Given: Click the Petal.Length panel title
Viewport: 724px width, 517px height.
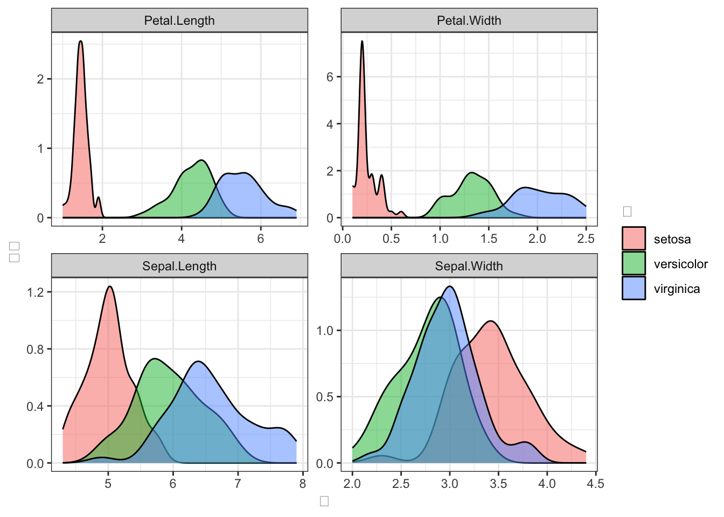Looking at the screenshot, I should click(x=179, y=20).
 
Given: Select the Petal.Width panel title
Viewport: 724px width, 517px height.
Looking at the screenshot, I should click(x=469, y=20).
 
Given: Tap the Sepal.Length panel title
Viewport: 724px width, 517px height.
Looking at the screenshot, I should click(x=179, y=266).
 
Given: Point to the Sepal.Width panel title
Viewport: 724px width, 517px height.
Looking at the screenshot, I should click(x=469, y=266).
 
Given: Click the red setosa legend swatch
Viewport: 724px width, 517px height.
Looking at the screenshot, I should click(x=633, y=239).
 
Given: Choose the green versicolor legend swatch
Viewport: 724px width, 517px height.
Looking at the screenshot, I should click(x=633, y=263).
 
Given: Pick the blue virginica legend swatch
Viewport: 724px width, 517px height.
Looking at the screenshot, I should click(x=633, y=288).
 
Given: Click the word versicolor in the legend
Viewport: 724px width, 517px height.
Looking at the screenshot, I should click(x=680, y=264).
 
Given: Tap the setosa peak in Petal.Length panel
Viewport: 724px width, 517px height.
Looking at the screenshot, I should click(x=80, y=41).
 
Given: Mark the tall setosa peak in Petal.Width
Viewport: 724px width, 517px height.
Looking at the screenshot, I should click(x=362, y=41).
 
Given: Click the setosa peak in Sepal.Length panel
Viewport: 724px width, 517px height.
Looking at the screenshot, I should click(x=110, y=287).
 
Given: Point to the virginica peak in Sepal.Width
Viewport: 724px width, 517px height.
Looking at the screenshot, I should click(x=450, y=287).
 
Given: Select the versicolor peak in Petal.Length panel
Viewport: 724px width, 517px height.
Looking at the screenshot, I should click(x=201, y=160).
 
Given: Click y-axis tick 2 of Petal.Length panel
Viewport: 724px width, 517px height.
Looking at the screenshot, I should click(x=40, y=79).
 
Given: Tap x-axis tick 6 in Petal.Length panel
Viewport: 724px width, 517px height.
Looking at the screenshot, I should click(x=261, y=239).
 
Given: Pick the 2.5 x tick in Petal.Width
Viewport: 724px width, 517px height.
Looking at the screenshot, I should click(x=586, y=239).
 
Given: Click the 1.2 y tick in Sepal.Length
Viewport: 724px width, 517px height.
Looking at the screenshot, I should click(x=35, y=292).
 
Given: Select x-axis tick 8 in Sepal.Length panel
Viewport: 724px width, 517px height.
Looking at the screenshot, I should click(x=303, y=484).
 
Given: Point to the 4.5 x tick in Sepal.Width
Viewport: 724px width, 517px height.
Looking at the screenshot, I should click(x=596, y=484).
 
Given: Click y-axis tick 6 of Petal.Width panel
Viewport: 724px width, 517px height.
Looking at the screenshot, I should click(x=330, y=77).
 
